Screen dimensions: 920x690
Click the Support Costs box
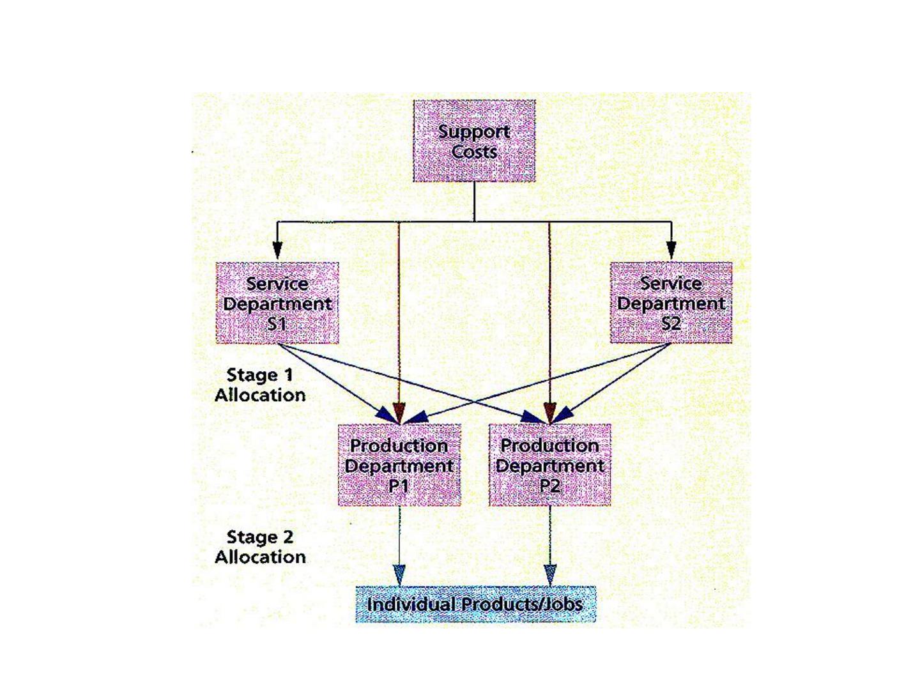[474, 141]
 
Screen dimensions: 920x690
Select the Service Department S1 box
[277, 303]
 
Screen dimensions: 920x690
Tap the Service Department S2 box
[671, 303]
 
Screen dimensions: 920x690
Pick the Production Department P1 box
[399, 465]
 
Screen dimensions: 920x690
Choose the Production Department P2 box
[550, 465]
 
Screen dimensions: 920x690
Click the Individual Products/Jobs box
[475, 604]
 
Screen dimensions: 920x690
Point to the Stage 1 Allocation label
[260, 385]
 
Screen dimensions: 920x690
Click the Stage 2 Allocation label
[260, 547]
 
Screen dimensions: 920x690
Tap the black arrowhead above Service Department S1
[277, 250]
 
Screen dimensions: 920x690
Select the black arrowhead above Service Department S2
[671, 250]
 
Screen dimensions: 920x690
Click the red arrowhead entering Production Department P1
[399, 413]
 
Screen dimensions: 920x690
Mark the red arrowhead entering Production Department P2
[549, 413]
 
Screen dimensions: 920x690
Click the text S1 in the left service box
[277, 323]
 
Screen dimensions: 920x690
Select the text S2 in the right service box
[671, 323]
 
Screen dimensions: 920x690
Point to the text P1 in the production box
[399, 486]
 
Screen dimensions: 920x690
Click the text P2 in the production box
[549, 486]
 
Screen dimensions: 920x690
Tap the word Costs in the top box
[474, 151]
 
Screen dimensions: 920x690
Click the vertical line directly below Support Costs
[474, 201]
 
